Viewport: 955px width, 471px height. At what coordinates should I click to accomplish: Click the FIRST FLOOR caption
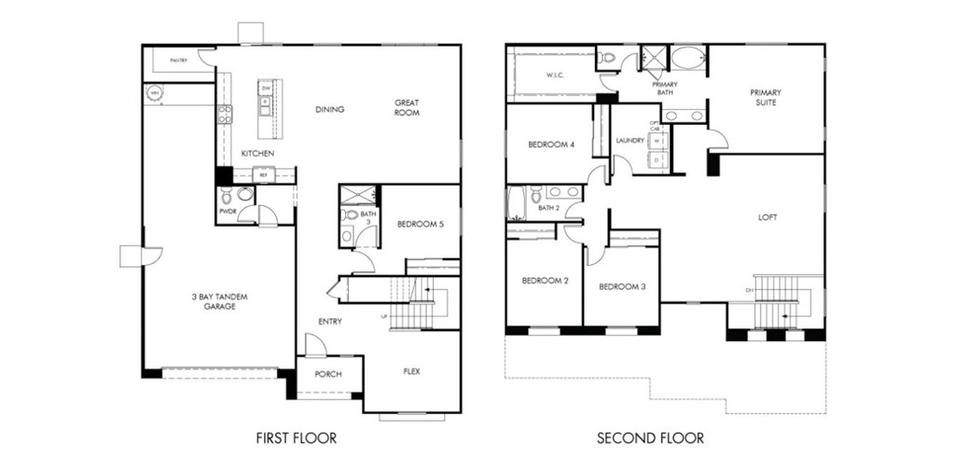click(296, 437)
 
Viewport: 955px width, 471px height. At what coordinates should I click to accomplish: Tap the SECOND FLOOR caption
click(650, 437)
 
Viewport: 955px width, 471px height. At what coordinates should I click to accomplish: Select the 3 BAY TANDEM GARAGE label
click(220, 300)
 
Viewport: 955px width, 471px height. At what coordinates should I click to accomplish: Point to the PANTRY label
click(178, 61)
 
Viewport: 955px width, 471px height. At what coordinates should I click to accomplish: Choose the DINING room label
click(329, 109)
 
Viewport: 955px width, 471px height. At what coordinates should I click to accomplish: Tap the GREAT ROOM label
click(407, 107)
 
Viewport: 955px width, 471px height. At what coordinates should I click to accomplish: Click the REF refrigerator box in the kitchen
click(264, 174)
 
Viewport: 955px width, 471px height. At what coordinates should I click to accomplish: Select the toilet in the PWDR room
click(244, 195)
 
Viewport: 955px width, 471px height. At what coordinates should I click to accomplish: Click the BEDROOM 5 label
click(421, 224)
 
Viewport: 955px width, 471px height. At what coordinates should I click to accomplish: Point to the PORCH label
click(327, 374)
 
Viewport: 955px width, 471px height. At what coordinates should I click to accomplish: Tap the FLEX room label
click(411, 371)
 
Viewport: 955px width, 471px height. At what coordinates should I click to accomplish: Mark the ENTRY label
click(329, 322)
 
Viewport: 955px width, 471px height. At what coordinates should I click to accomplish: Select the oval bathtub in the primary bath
click(689, 58)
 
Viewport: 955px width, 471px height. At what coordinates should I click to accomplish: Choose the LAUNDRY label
click(630, 141)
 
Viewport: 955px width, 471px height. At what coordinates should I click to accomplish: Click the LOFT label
click(768, 217)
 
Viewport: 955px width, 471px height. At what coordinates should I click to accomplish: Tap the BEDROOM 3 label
click(622, 286)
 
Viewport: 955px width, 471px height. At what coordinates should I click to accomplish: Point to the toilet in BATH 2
click(536, 196)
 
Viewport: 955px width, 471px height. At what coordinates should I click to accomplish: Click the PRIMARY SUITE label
click(765, 97)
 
